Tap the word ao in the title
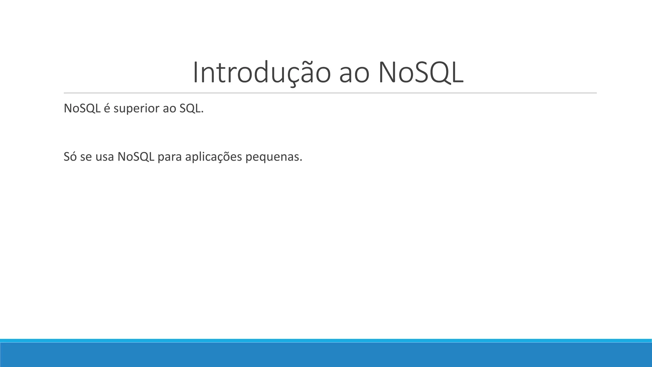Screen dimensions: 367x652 (354, 74)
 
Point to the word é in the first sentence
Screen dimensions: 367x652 (107, 109)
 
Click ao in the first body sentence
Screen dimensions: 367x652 (169, 109)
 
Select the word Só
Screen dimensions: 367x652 (70, 157)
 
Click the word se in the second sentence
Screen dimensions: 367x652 (86, 157)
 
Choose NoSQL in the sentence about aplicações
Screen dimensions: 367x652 (136, 157)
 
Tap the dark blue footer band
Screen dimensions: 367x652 (326, 355)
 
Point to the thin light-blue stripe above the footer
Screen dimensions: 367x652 (326, 341)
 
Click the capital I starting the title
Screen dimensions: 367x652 (195, 73)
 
